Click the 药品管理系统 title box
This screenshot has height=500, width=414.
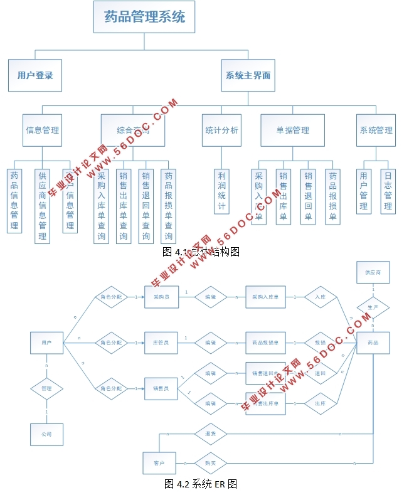click(144, 17)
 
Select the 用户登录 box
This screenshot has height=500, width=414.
click(35, 75)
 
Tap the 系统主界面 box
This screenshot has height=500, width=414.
click(248, 75)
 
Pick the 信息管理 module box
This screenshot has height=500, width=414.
click(43, 130)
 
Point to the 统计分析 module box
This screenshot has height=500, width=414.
click(221, 130)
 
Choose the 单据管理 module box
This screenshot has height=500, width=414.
click(292, 130)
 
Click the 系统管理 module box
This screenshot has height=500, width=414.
click(376, 130)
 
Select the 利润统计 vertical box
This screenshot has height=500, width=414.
click(221, 191)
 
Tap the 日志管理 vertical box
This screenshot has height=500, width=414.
click(388, 191)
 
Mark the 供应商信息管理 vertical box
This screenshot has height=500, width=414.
click(43, 205)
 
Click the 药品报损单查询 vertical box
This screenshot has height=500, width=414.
click(168, 205)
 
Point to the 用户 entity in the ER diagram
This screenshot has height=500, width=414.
click(46, 343)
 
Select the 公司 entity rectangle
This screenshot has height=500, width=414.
click(46, 434)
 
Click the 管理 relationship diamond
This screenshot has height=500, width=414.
click(46, 388)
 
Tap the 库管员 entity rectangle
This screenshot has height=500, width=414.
click(161, 343)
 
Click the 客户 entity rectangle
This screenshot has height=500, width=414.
click(159, 463)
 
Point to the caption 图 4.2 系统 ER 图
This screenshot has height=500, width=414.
click(200, 484)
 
